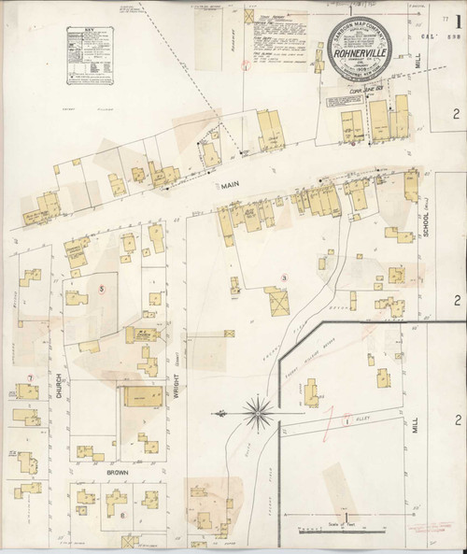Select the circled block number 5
101,288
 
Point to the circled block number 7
31,377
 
